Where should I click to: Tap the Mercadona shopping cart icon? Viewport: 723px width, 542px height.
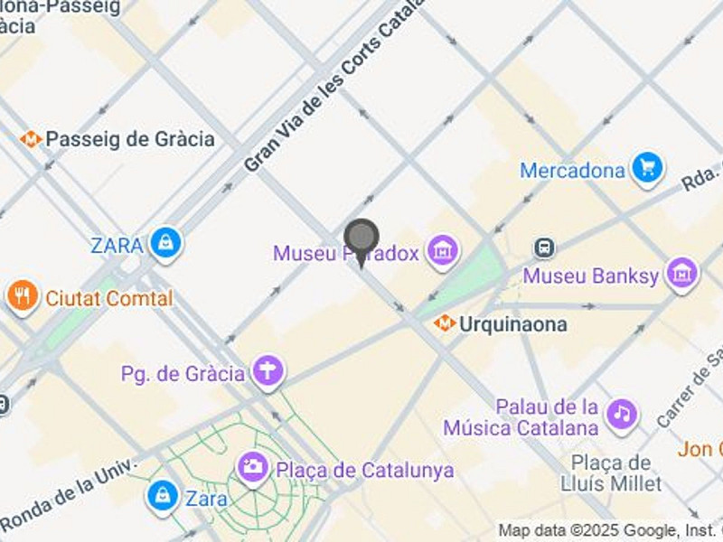tap(647, 168)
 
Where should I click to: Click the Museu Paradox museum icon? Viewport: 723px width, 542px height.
tap(443, 252)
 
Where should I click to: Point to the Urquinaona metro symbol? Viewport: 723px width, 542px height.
tap(444, 322)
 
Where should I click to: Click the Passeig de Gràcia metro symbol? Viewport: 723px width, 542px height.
tap(32, 139)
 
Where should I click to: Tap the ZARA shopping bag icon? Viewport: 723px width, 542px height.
tap(166, 243)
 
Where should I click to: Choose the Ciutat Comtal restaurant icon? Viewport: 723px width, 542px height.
tap(22, 295)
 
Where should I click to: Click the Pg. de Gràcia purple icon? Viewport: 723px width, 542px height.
tap(268, 372)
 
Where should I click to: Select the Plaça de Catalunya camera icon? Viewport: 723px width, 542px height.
tap(253, 468)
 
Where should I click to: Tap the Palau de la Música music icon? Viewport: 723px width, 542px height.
tap(621, 415)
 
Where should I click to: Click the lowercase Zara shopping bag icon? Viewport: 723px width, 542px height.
tap(163, 495)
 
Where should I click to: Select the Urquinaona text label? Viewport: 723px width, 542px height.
tap(512, 323)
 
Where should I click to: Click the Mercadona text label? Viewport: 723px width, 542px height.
tap(573, 170)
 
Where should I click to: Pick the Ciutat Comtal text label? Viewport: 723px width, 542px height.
tap(108, 298)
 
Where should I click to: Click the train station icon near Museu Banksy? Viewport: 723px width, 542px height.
tap(544, 248)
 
